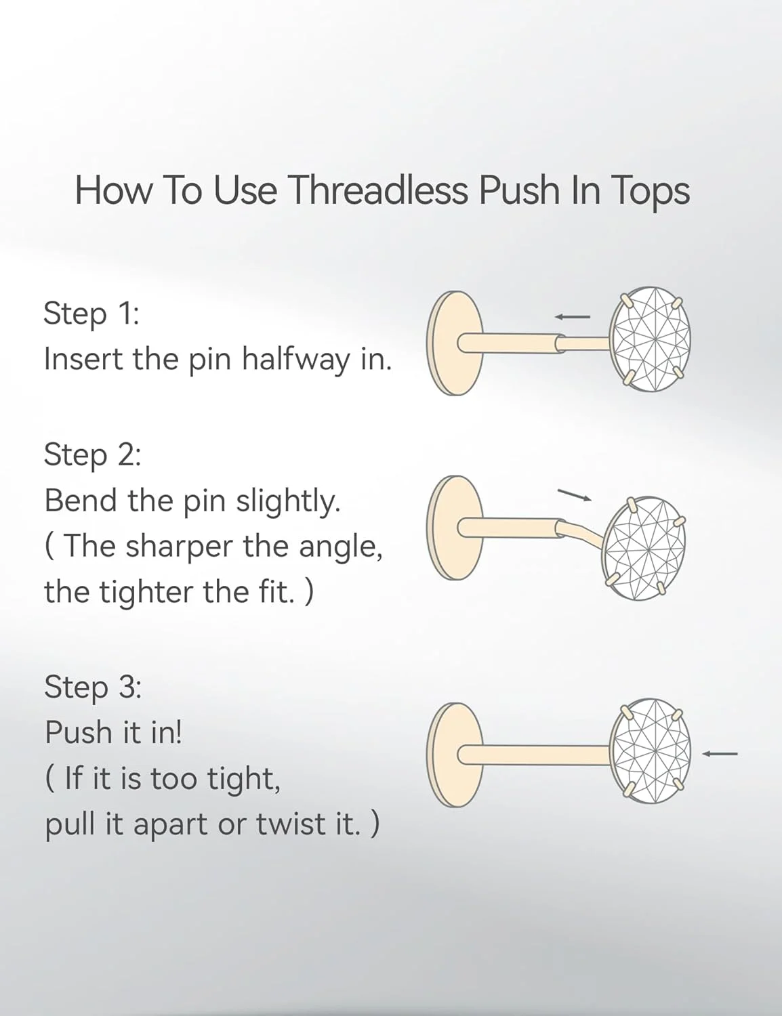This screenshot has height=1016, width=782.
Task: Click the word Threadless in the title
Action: (379, 191)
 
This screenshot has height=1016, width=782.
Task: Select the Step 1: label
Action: (91, 314)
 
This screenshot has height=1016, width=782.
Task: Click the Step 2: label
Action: (92, 455)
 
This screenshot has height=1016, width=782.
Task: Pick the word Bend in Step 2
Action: (81, 501)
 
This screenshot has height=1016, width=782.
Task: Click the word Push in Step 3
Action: (79, 732)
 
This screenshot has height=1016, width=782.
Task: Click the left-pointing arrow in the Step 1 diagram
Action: (573, 317)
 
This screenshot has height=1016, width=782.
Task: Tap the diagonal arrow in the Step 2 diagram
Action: (575, 495)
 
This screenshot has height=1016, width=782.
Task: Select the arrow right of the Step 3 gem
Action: (720, 753)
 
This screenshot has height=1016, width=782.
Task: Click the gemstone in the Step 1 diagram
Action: (651, 339)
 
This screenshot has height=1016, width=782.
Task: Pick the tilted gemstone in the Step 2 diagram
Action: (644, 549)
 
